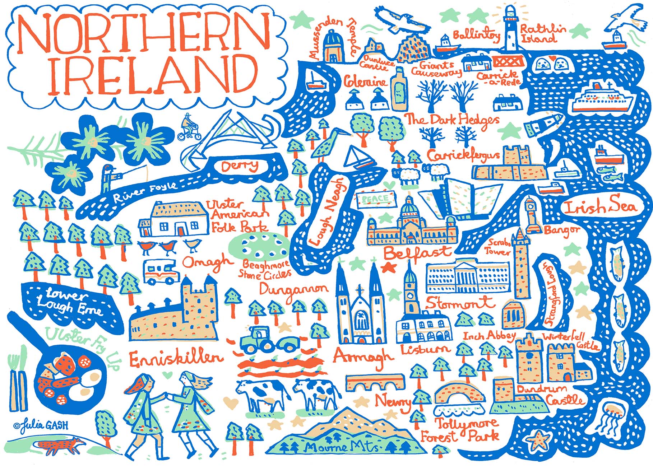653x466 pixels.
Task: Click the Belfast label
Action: [x=417, y=253]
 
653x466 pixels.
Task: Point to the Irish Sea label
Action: [x=600, y=207]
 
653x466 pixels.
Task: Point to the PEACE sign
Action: [x=376, y=199]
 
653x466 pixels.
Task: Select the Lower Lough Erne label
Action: [x=68, y=302]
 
